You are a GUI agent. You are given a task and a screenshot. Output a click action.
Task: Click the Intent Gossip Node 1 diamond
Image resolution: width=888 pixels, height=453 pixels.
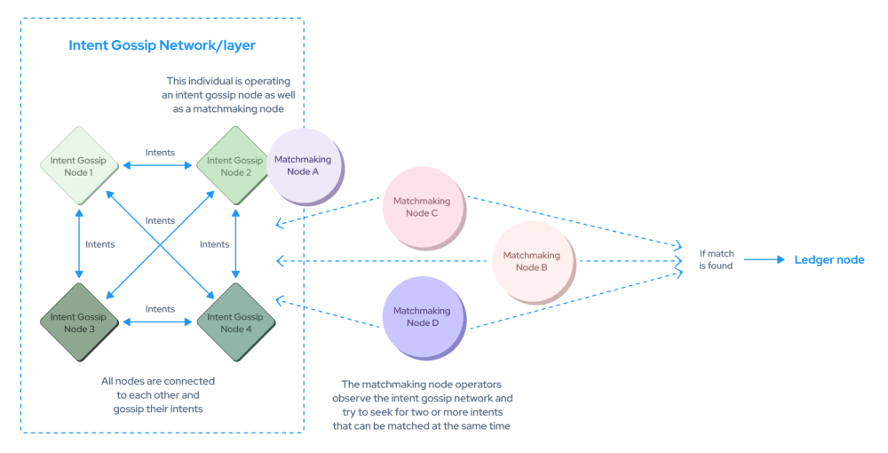point(79,166)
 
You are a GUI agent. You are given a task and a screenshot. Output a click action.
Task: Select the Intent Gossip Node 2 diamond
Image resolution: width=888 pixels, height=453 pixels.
point(234,166)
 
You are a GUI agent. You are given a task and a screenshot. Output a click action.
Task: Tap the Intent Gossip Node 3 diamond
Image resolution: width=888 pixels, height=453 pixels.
point(79,322)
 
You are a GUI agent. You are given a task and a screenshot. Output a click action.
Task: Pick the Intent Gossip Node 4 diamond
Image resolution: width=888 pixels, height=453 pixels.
point(235,322)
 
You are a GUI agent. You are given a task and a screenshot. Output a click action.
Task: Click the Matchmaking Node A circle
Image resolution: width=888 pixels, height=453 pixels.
point(305,166)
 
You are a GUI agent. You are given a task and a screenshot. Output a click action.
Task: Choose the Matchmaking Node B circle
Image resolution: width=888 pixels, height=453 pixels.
point(533,262)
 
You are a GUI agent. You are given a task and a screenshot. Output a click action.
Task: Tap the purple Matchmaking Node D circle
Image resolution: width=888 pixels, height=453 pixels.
point(424,317)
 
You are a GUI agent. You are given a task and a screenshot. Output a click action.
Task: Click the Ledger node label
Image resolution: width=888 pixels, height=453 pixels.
point(829,260)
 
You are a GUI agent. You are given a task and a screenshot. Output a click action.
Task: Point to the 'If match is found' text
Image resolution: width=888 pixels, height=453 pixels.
point(716,259)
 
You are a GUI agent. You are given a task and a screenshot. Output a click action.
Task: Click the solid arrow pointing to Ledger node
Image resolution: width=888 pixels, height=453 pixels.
point(765,260)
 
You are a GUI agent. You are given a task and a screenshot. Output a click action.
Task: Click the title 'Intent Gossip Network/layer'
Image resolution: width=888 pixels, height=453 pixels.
point(162,45)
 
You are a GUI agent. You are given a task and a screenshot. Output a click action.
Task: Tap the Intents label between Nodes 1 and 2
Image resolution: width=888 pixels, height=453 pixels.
point(160,152)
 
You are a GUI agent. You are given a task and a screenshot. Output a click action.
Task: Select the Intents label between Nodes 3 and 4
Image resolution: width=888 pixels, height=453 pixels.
point(160,308)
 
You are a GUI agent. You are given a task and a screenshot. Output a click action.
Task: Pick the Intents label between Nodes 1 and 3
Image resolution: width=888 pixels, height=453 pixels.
point(100,244)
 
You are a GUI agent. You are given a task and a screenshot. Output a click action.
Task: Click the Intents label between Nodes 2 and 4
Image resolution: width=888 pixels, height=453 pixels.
point(215,244)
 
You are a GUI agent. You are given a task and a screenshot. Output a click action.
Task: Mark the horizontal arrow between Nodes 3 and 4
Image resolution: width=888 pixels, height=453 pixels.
point(157,322)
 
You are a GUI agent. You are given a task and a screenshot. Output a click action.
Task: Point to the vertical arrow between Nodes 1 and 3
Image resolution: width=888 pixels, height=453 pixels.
point(79,244)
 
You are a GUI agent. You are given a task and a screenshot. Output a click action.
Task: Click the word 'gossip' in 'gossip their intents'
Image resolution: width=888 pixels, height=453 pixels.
point(128,409)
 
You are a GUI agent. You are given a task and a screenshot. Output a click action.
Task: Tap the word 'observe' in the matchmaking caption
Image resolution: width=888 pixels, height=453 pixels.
point(351,399)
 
